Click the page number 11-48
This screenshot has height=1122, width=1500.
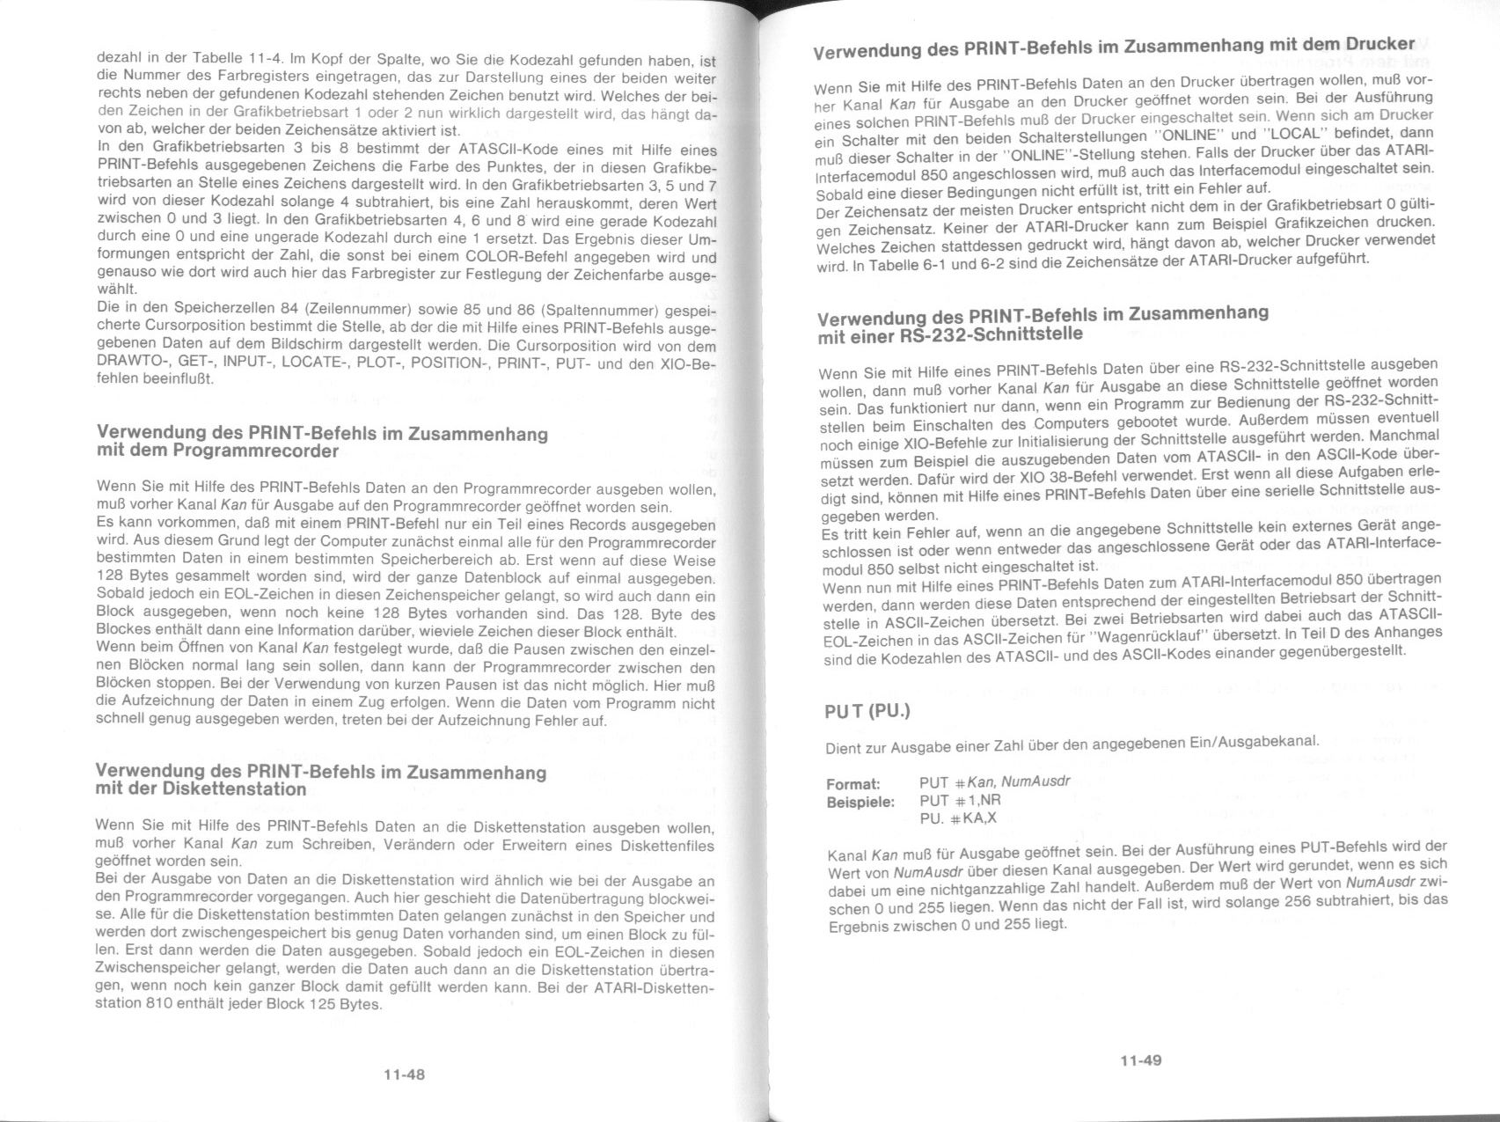click(x=404, y=1074)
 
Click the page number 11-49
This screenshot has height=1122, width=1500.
click(x=1140, y=1060)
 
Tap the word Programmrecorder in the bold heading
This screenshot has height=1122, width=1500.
click(x=255, y=451)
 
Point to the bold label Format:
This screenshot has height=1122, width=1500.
click(x=853, y=783)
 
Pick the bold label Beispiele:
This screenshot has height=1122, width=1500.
click(x=860, y=802)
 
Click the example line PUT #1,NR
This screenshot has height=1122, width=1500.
click(x=960, y=801)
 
